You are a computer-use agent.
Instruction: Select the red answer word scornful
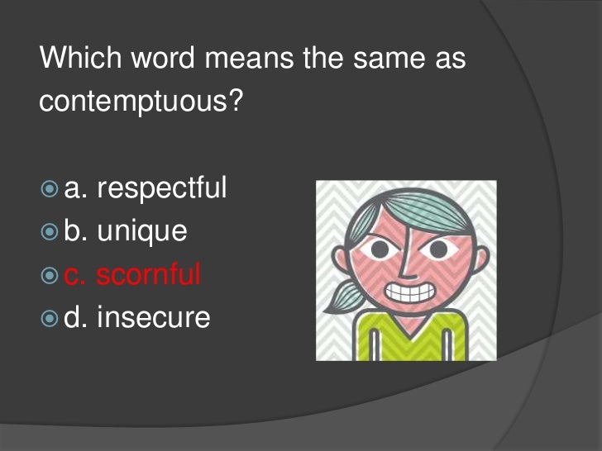click(148, 273)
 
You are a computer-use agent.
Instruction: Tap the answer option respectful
click(161, 188)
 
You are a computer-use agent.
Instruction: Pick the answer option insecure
click(153, 316)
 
